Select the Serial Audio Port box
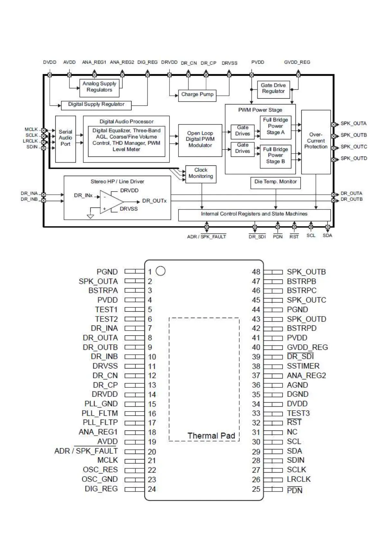pos(65,139)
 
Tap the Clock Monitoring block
pos(201,173)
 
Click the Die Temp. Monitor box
pos(275,182)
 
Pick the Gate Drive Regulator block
pos(273,88)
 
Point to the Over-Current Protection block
pos(316,141)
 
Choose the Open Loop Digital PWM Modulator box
pos(200,140)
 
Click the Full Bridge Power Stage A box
pos(275,126)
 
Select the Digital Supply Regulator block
pos(96,104)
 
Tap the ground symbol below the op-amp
pos(91,216)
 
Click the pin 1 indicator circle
pos(160,271)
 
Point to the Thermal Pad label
pos(211,436)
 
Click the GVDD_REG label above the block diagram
pos(297,62)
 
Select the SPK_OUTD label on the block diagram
pos(354,158)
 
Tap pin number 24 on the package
pos(152,489)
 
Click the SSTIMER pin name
pos(303,366)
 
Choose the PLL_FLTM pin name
pos(100,413)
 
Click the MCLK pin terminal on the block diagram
pos(43,130)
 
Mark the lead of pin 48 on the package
pos(273,272)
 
